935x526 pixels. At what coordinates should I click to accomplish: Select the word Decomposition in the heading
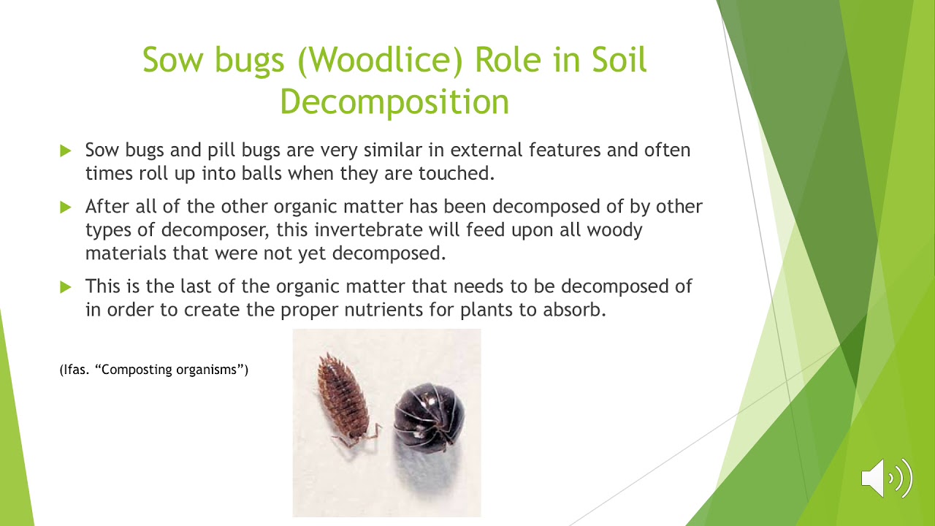tap(394, 102)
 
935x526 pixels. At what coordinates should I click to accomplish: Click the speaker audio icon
tap(886, 478)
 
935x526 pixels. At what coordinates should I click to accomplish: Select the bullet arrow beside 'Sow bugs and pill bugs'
tap(66, 151)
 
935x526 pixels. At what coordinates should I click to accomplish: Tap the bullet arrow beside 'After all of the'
tap(66, 207)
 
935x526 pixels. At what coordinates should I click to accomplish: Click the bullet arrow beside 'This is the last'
tap(66, 286)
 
